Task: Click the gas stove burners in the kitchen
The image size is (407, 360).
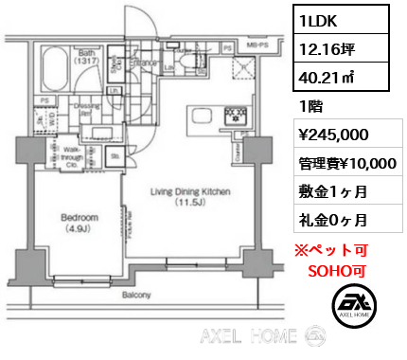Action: click(233, 116)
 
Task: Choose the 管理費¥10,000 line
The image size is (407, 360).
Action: click(345, 163)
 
